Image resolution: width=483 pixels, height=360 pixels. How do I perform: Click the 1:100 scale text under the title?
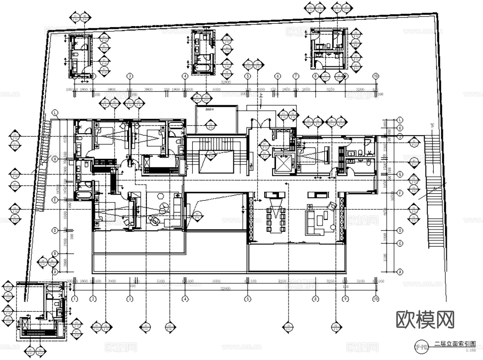point(470,350)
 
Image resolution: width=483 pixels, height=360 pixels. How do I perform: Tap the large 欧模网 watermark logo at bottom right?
point(425,319)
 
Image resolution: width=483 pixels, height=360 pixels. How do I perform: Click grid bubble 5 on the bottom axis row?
point(247,298)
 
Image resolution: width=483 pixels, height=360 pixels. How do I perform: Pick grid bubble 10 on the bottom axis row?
point(376,298)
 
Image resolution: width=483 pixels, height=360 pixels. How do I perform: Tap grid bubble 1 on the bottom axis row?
point(75,298)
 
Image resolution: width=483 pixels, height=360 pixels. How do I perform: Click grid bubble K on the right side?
point(400,128)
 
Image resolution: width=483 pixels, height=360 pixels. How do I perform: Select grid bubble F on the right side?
point(400,193)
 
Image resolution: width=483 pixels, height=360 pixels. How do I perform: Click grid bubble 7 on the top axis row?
point(296,76)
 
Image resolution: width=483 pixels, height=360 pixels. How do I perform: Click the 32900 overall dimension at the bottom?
point(225,289)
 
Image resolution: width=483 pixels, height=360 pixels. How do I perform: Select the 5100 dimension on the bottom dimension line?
point(161,281)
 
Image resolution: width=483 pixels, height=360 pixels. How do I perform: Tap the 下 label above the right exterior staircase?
point(432,126)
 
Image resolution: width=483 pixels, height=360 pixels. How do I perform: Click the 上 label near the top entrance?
point(261,95)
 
